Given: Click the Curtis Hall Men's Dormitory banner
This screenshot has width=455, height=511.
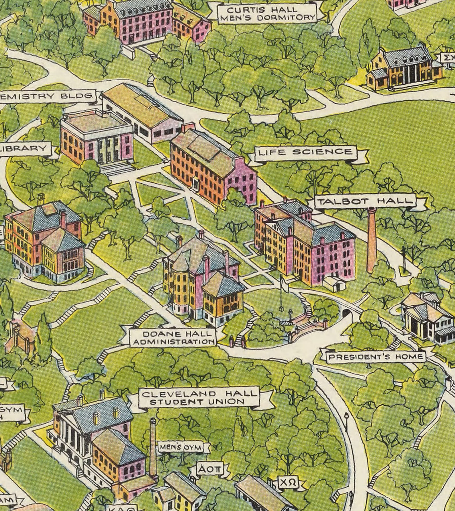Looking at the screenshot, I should point(267,14).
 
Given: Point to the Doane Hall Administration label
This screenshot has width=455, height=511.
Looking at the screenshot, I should point(173,338).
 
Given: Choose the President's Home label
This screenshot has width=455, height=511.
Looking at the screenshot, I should point(376,357).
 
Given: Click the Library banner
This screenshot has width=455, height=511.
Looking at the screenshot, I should point(24,149).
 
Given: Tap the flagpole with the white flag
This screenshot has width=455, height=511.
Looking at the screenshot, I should point(281,293).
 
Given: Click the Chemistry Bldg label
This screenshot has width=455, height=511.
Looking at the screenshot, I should point(47,96).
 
